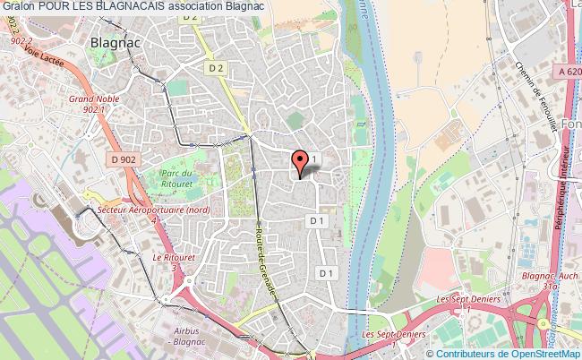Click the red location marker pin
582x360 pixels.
pyautogui.click(x=301, y=161)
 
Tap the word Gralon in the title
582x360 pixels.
pyautogui.click(x=18, y=6)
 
